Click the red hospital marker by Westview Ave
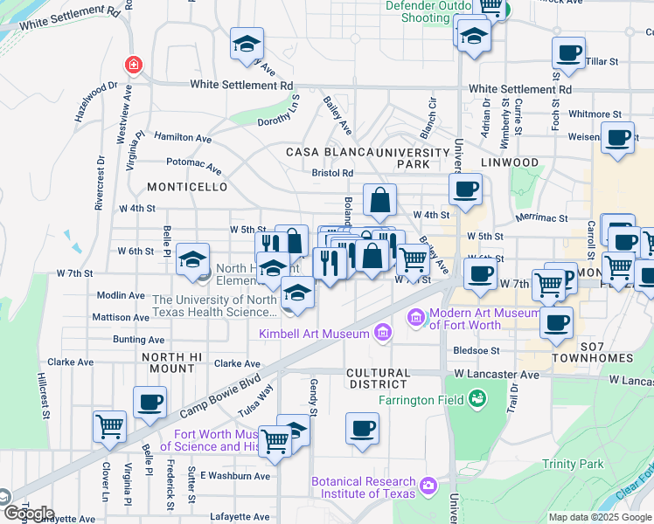point(132,65)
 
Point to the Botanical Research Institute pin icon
point(428,485)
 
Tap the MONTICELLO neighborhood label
point(187,187)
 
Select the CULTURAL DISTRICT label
point(379,378)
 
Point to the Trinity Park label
point(573,464)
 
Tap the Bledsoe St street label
point(477,350)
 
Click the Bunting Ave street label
point(139,340)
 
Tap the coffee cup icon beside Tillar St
point(568,52)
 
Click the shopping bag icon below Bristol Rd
point(380,199)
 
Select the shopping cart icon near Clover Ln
point(110,425)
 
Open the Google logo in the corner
point(29,514)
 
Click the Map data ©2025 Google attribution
point(599,517)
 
